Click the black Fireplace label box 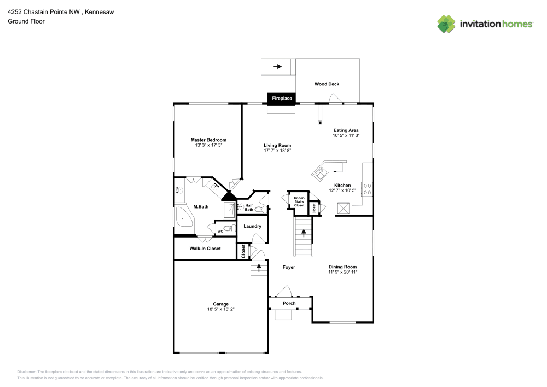point(282,99)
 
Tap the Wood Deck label point(327,84)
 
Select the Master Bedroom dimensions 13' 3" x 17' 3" point(208,146)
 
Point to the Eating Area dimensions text point(346,135)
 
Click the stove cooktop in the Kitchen point(367,189)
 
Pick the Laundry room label point(252,226)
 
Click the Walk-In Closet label point(205,249)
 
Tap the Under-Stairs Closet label point(299,201)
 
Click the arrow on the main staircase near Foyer point(304,232)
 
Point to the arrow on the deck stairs point(278,67)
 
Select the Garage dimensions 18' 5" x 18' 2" point(220,310)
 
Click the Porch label point(289,303)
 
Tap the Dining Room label point(342,267)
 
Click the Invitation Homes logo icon point(446,24)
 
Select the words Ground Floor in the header point(26,21)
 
